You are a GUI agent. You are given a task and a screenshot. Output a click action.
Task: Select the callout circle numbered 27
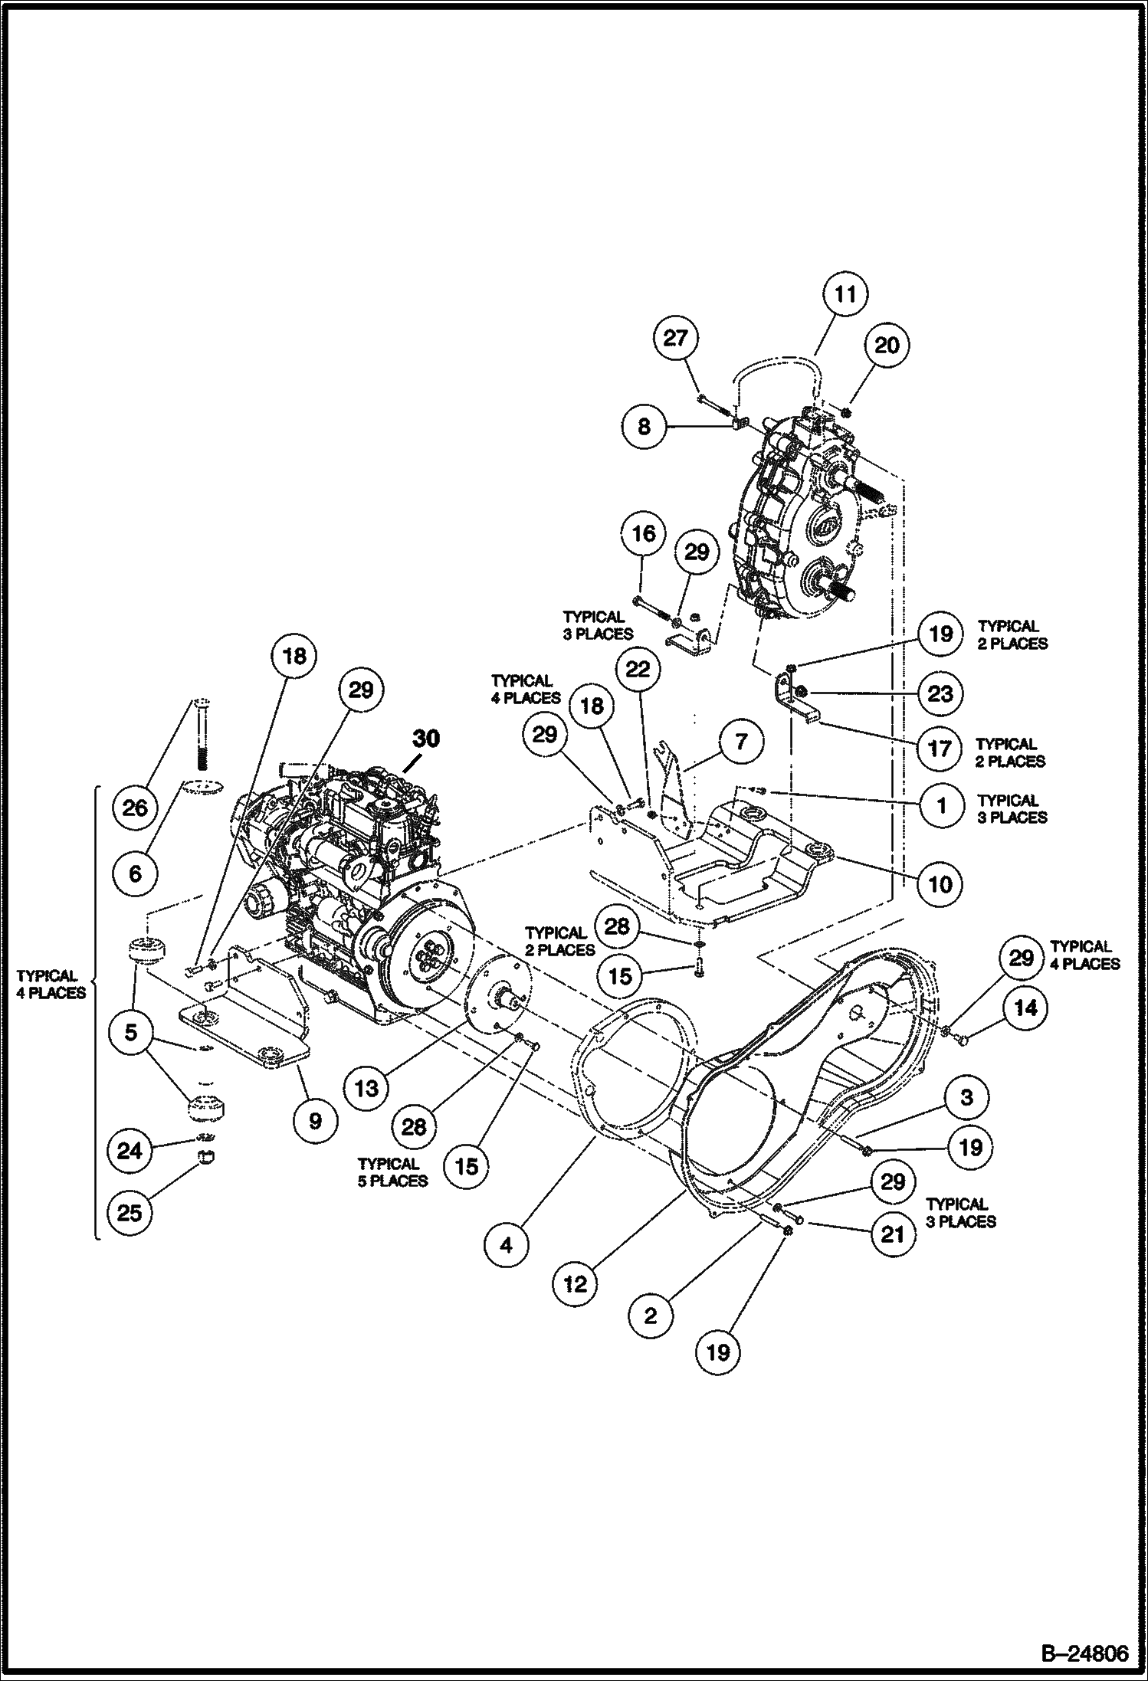[x=675, y=338]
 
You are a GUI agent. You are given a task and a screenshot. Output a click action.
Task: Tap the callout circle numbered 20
[x=887, y=346]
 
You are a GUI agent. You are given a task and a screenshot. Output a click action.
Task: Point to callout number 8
[x=644, y=426]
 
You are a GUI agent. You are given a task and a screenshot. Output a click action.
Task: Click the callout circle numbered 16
[x=644, y=533]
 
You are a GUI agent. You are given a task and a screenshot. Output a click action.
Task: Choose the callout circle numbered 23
[x=940, y=693]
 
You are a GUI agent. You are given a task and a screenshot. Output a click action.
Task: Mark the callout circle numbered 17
[x=940, y=748]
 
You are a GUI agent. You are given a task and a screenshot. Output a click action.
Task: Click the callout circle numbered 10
[x=940, y=884]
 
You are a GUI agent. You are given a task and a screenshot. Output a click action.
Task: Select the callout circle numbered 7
[x=740, y=742]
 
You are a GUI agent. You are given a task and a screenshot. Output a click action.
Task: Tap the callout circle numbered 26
[x=135, y=808]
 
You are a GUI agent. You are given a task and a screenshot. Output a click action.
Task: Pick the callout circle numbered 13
[x=367, y=1087]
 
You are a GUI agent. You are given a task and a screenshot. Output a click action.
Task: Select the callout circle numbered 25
[x=130, y=1213]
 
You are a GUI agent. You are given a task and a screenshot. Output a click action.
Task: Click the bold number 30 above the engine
[x=427, y=739]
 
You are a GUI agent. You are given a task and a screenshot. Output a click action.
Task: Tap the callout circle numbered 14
[x=1025, y=1008]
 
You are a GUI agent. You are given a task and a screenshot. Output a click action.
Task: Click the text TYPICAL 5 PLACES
[x=392, y=1173]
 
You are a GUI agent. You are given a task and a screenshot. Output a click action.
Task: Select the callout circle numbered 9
[x=314, y=1120]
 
